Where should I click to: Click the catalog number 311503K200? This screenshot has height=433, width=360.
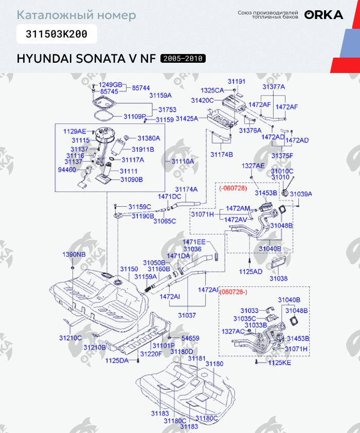pyautogui.click(x=57, y=34)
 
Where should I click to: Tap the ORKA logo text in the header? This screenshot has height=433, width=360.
pyautogui.click(x=323, y=15)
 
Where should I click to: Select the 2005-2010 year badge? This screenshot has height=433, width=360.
pyautogui.click(x=183, y=59)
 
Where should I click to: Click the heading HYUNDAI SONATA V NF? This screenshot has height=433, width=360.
pyautogui.click(x=86, y=59)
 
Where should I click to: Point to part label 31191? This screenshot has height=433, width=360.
pyautogui.click(x=237, y=82)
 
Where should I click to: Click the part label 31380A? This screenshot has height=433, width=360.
pyautogui.click(x=149, y=138)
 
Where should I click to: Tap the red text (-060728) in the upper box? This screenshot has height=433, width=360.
pyautogui.click(x=233, y=188)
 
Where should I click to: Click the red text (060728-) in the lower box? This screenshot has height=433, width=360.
pyautogui.click(x=233, y=292)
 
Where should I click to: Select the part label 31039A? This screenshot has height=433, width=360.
pyautogui.click(x=301, y=193)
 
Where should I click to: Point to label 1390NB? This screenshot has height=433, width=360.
pyautogui.click(x=74, y=255)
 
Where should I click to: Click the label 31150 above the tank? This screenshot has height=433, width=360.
pyautogui.click(x=129, y=269)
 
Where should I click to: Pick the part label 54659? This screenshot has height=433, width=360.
pyautogui.click(x=190, y=338)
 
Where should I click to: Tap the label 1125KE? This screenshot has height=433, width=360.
pyautogui.click(x=280, y=363)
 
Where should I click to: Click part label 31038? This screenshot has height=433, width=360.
pyautogui.click(x=278, y=278)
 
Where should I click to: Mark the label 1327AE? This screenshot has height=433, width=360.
pyautogui.click(x=253, y=166)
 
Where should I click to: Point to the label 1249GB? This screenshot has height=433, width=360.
pyautogui.click(x=111, y=85)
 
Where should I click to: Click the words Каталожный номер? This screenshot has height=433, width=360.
pyautogui.click(x=77, y=15)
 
